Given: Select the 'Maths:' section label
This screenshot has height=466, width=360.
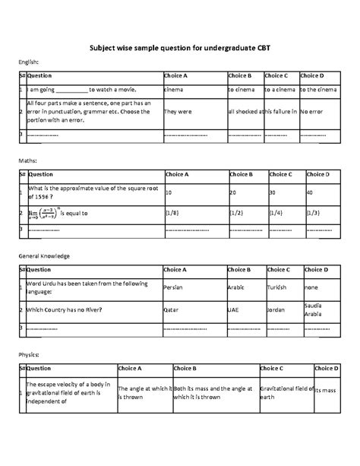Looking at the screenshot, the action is (29, 162).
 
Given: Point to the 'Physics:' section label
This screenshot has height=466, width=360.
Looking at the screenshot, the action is (31, 353).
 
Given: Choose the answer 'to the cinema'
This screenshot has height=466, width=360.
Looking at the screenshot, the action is (317, 90).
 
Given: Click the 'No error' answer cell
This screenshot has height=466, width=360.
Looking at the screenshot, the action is (312, 111).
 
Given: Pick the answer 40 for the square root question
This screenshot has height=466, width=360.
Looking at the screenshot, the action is (310, 193).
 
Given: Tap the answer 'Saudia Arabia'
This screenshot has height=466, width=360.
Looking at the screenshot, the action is (315, 310).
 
